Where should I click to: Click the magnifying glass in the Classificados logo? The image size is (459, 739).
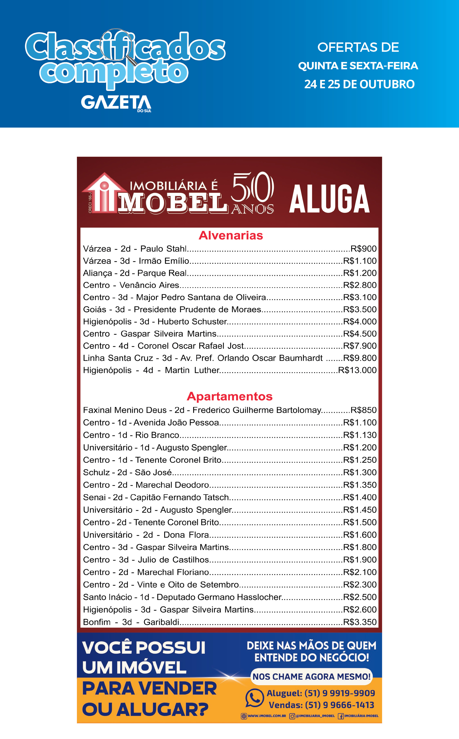(117, 43)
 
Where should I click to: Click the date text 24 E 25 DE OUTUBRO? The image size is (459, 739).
(359, 84)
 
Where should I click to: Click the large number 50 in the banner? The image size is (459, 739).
(253, 188)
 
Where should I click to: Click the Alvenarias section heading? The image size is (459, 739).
(231, 235)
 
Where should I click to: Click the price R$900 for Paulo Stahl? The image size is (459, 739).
(363, 249)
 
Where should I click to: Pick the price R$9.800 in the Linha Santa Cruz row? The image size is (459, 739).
(360, 358)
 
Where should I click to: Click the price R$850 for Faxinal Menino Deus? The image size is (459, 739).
(363, 410)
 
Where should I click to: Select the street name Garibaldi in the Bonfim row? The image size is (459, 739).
(161, 622)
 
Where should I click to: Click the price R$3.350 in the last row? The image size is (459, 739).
(360, 622)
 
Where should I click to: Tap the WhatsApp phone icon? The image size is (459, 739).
(254, 698)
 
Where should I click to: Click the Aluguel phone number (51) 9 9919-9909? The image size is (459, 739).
(339, 693)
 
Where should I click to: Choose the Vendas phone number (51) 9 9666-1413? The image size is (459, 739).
(339, 705)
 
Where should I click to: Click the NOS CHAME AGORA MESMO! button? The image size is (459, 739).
(312, 676)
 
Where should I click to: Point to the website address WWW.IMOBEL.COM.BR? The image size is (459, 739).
(267, 716)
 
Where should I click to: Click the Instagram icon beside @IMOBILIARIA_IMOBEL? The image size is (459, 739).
(292, 716)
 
